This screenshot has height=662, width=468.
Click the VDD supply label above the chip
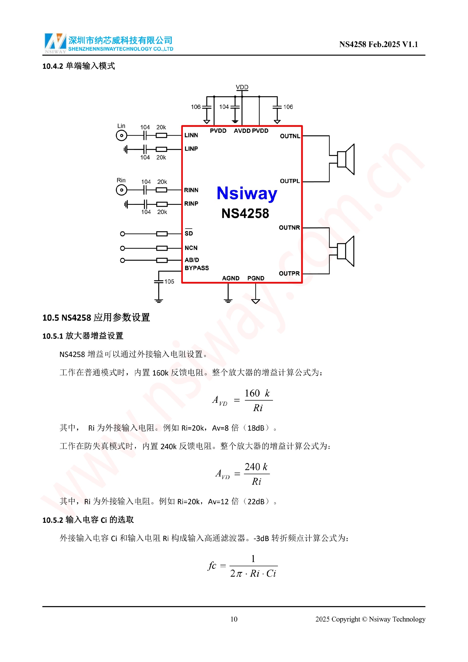tap(242, 87)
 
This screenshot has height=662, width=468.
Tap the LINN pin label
tap(191, 135)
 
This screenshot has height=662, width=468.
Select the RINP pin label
tap(191, 204)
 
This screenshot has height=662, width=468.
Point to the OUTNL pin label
tap(290, 136)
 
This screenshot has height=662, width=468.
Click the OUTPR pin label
tap(289, 273)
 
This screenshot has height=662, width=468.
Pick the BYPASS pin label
tap(196, 268)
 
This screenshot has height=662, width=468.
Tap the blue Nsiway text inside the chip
tap(247, 193)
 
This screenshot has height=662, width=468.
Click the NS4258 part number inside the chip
tap(245, 214)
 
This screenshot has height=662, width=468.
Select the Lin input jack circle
tap(121, 135)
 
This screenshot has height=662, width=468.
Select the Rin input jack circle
tap(121, 190)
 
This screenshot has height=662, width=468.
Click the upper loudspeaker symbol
tap(346, 159)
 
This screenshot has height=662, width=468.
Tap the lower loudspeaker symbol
tap(346, 251)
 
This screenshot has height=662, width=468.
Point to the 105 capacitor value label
tap(169, 281)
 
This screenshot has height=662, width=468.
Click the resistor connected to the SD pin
tap(162, 234)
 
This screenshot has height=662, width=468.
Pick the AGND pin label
tap(231, 278)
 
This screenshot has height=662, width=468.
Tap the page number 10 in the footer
tap(234, 619)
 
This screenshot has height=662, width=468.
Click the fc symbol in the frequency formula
tap(212, 565)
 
